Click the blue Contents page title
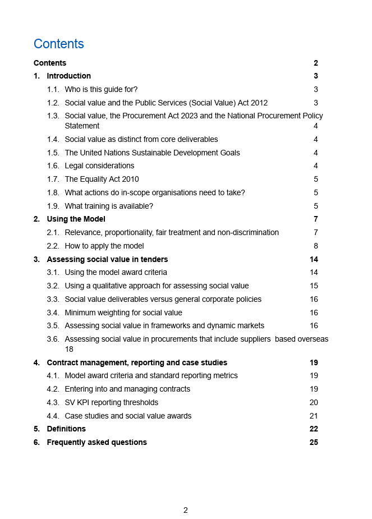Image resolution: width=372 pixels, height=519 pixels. pyautogui.click(x=58, y=44)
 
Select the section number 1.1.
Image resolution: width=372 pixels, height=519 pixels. pyautogui.click(x=53, y=90)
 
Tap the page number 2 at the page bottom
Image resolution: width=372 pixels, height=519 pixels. pyautogui.click(x=186, y=510)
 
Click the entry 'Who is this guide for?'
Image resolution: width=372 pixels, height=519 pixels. pyautogui.click(x=101, y=90)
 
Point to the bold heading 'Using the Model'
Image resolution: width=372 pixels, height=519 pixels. pyautogui.click(x=76, y=219)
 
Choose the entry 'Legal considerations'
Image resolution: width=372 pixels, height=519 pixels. pyautogui.click(x=99, y=166)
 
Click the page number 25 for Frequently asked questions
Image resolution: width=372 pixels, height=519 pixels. pyautogui.click(x=314, y=443)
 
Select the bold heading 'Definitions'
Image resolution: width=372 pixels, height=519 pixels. pyautogui.click(x=66, y=429)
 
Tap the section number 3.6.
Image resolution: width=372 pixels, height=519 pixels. pyautogui.click(x=53, y=339)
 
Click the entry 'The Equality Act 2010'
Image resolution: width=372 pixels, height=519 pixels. pyautogui.click(x=102, y=180)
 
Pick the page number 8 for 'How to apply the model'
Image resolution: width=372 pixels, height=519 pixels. pyautogui.click(x=316, y=246)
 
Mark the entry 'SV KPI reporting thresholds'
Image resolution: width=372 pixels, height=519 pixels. pyautogui.click(x=111, y=403)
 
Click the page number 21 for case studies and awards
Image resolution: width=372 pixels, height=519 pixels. pyautogui.click(x=314, y=416)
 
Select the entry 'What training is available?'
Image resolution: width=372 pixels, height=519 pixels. pyautogui.click(x=109, y=206)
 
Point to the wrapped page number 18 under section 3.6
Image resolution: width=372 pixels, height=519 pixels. pyautogui.click(x=69, y=349)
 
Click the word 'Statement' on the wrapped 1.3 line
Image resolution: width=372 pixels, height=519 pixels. pyautogui.click(x=82, y=126)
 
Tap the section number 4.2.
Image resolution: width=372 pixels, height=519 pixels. pyautogui.click(x=53, y=389)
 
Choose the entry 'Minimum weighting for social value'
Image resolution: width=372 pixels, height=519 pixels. pyautogui.click(x=123, y=313)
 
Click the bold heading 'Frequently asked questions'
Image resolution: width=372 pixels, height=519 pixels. pyautogui.click(x=97, y=443)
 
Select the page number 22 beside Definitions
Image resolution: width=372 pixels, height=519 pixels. pyautogui.click(x=314, y=429)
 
